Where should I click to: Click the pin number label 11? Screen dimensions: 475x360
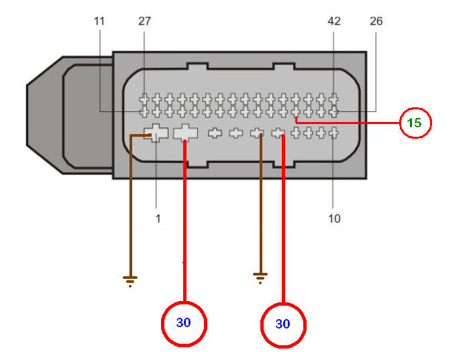click(x=99, y=21)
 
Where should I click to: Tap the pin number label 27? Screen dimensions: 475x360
click(x=144, y=21)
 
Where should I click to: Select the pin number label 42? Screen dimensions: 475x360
click(x=334, y=21)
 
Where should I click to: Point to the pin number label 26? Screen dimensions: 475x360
click(x=376, y=21)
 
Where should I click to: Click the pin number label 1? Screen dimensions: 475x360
click(x=158, y=219)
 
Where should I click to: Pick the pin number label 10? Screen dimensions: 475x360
click(x=334, y=219)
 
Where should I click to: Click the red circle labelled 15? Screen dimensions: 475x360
click(x=415, y=123)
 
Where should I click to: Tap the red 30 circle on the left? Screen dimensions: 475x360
click(x=184, y=324)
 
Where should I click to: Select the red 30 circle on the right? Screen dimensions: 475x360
click(x=283, y=325)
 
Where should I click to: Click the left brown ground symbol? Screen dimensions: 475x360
click(x=130, y=281)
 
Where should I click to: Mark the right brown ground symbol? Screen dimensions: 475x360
click(x=260, y=278)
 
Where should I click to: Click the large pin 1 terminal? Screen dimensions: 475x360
click(x=156, y=133)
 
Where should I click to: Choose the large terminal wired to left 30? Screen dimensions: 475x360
click(x=185, y=133)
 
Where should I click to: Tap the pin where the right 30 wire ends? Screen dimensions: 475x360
click(x=278, y=133)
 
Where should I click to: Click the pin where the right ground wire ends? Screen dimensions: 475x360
click(x=257, y=133)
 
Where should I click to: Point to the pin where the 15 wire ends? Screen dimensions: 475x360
click(x=296, y=113)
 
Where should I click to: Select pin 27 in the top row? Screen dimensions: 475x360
click(x=144, y=99)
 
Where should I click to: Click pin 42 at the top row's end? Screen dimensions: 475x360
click(x=333, y=99)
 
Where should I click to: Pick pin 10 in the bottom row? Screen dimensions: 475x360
click(x=333, y=133)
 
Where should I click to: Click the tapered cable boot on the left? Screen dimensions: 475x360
click(x=70, y=115)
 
